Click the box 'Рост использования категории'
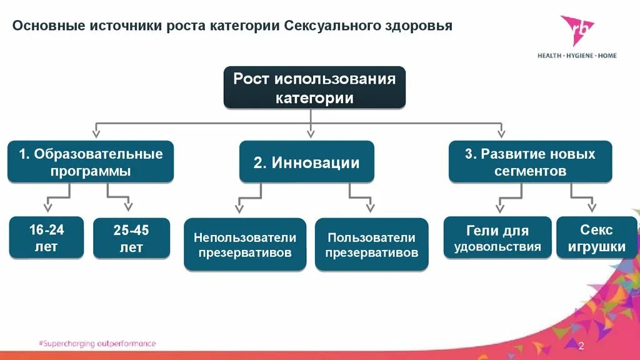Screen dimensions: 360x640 pos(314,87)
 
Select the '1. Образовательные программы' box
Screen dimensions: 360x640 pos(91,162)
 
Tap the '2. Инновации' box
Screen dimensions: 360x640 pos(306,162)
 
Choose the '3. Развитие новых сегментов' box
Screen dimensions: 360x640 pos(530,162)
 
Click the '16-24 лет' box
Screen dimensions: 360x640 pos(46,238)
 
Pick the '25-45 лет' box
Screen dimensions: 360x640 pos(131,238)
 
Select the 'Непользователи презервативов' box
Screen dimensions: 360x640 pos(245,244)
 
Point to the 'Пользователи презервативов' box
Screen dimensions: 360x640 pos(371,244)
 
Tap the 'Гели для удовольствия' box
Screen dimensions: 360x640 pos(497,238)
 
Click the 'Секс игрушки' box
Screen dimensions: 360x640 pos(596,238)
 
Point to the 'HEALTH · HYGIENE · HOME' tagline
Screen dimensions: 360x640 pos(577,56)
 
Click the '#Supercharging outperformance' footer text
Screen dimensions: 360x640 pos(97,344)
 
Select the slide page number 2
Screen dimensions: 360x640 pos(581,346)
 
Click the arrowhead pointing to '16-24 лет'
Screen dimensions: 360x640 pos(47,207)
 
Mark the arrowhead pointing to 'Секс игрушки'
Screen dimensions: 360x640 pos(591,207)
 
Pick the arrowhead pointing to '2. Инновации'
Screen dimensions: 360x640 pos(311,132)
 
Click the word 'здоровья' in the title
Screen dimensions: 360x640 pos(418,26)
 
